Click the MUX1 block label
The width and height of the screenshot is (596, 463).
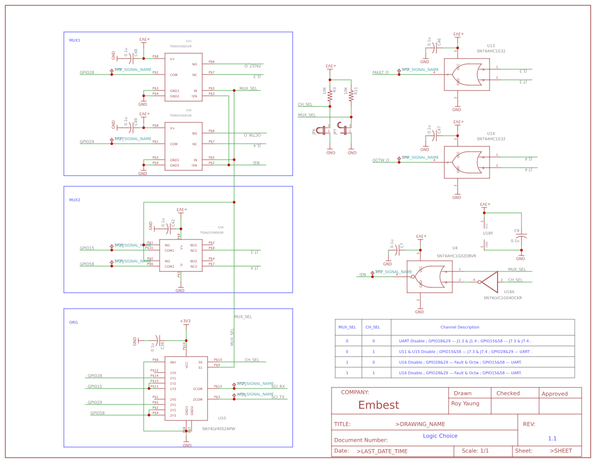pos(74,40)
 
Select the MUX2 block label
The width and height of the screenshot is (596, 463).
pos(74,200)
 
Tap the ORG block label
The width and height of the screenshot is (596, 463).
pos(73,323)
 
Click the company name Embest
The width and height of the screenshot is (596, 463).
pos(378,405)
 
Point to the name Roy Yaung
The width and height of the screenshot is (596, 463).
pos(465,403)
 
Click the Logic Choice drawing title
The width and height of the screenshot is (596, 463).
pos(440,436)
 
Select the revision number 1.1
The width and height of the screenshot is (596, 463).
pos(552,439)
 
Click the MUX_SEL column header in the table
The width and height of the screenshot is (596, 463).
pos(347,327)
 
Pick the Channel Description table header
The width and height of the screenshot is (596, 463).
pos(460,327)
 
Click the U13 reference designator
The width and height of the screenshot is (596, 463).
pos(491,46)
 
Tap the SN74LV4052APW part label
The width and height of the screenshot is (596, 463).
pos(218,428)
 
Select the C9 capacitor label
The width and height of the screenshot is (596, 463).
pos(517,230)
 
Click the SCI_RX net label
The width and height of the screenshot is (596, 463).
pos(278,386)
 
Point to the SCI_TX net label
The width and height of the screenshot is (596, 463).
pos(278,397)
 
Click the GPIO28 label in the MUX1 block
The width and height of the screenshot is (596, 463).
pos(87,72)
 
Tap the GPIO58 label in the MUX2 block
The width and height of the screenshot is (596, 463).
pos(87,264)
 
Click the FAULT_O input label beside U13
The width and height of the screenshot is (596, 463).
pos(380,72)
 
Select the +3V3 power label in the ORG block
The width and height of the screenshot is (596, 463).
pos(185,321)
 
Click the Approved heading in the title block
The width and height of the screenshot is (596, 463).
pos(554,394)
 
